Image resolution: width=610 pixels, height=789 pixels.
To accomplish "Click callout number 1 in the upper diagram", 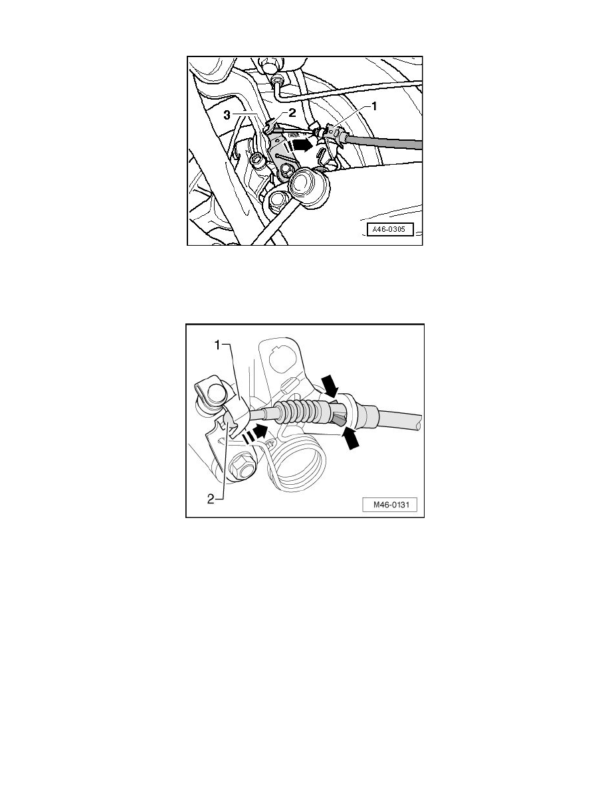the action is (374, 106).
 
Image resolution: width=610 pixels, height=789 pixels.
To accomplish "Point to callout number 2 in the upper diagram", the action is (292, 113).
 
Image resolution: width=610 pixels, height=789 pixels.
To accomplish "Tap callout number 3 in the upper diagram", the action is (227, 116).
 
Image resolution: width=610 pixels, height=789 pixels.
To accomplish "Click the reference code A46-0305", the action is (389, 230).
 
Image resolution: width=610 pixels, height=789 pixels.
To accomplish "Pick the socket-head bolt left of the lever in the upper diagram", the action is (257, 161).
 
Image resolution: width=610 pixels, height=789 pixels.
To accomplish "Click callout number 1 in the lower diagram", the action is (217, 345).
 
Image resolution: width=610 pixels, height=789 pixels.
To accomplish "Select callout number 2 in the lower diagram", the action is (211, 499).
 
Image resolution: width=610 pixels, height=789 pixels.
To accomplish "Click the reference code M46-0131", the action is (389, 505).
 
